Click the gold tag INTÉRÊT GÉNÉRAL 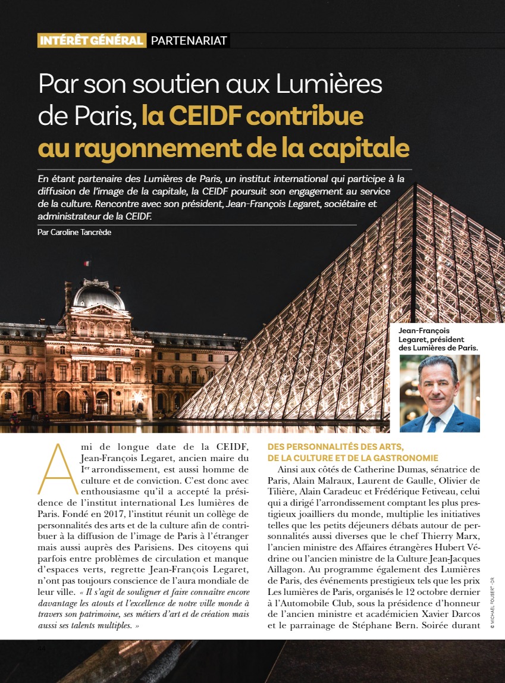click(x=91, y=40)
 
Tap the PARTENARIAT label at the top click(x=189, y=40)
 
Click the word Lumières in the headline click(x=329, y=84)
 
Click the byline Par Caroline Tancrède click(x=74, y=232)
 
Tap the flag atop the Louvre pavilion click(x=87, y=263)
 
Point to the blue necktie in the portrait click(x=434, y=423)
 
